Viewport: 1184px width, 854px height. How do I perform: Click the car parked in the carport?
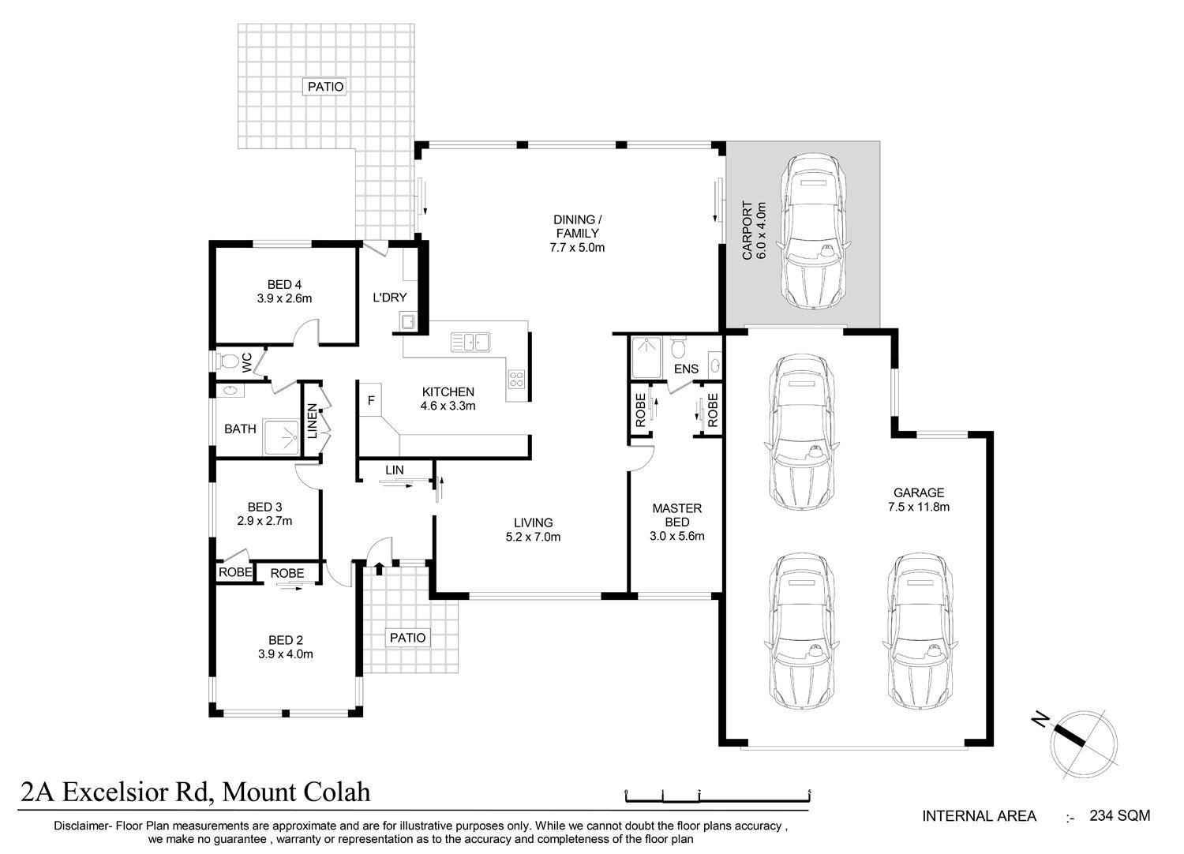[x=814, y=231]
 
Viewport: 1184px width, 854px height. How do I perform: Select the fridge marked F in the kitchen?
[x=371, y=400]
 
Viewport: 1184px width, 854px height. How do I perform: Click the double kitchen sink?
[x=470, y=342]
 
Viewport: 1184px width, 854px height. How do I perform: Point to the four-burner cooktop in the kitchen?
[x=516, y=378]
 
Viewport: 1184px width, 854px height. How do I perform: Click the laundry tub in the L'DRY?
[x=407, y=320]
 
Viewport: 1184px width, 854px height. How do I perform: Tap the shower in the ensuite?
[x=646, y=358]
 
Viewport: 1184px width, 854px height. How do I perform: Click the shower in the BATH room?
[x=281, y=437]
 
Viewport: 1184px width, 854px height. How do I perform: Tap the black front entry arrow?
[x=379, y=568]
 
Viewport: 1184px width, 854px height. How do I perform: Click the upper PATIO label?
[x=325, y=87]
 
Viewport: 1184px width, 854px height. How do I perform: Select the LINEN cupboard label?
[x=313, y=421]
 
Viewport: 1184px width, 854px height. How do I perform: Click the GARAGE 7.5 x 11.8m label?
[x=919, y=500]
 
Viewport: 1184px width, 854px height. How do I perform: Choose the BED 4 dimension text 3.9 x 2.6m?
[x=284, y=298]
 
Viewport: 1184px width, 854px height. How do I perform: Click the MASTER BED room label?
[x=677, y=515]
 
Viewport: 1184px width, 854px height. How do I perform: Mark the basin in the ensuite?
[x=715, y=365]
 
